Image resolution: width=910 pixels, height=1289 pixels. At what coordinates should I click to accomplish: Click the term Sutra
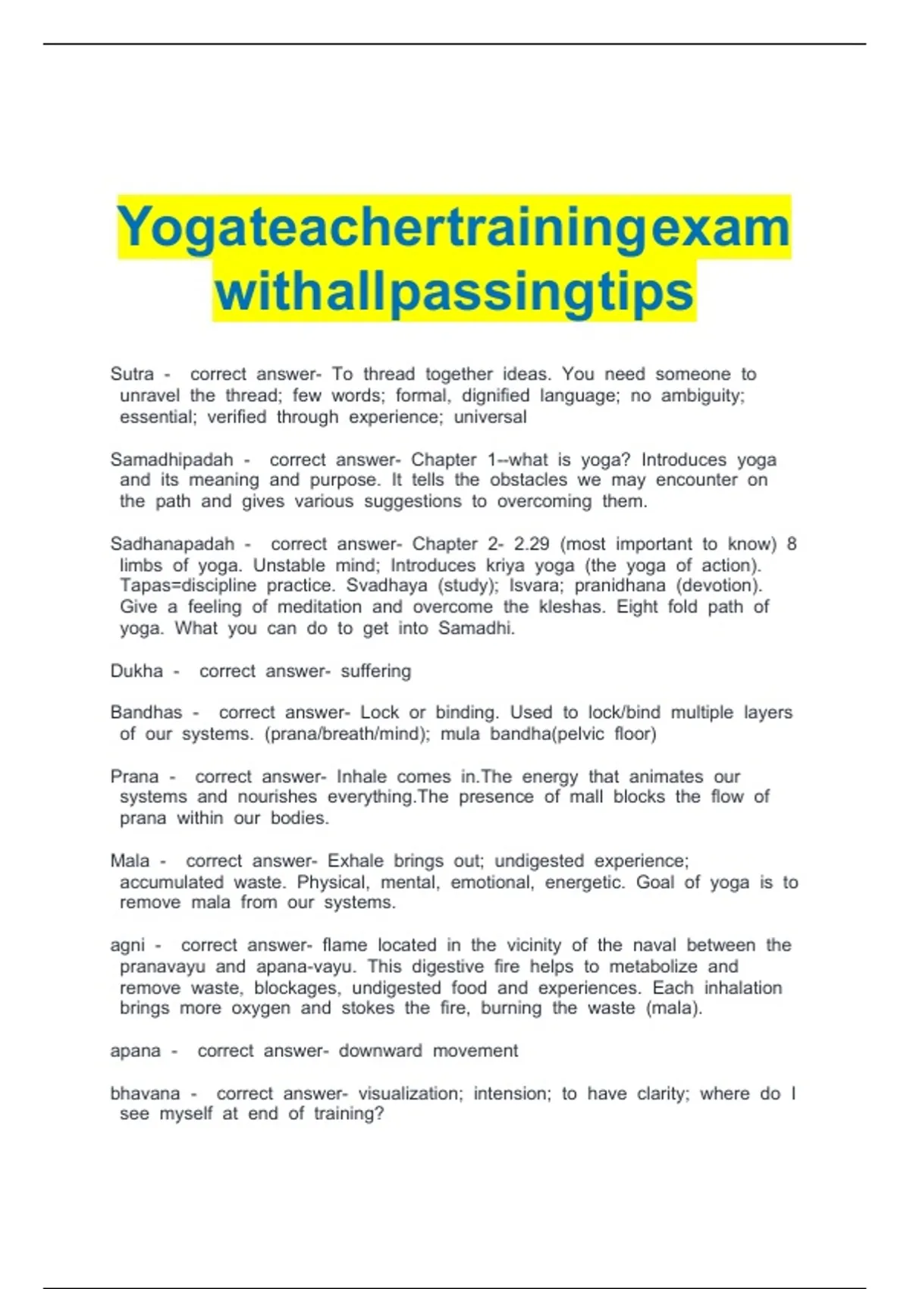point(132,374)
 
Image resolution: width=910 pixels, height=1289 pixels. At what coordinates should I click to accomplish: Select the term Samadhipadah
point(171,459)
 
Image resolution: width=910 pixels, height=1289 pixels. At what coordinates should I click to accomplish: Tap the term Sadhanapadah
point(172,544)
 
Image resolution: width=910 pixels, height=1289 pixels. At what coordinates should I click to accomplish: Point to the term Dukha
point(136,671)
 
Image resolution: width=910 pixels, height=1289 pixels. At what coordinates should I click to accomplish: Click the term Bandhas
point(146,713)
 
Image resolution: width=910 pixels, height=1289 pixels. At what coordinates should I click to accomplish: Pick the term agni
point(127,946)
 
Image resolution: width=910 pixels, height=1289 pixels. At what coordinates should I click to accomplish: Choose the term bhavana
point(145,1093)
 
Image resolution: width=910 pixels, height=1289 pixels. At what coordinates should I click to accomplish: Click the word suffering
point(375,671)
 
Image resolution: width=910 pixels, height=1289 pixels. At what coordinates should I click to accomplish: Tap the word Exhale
point(355,861)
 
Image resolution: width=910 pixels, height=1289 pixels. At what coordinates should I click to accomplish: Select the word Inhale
point(362,776)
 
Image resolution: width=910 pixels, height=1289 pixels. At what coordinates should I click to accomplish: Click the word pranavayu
point(162,967)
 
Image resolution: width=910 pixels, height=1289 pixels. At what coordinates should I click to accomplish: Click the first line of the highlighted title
point(454,227)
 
